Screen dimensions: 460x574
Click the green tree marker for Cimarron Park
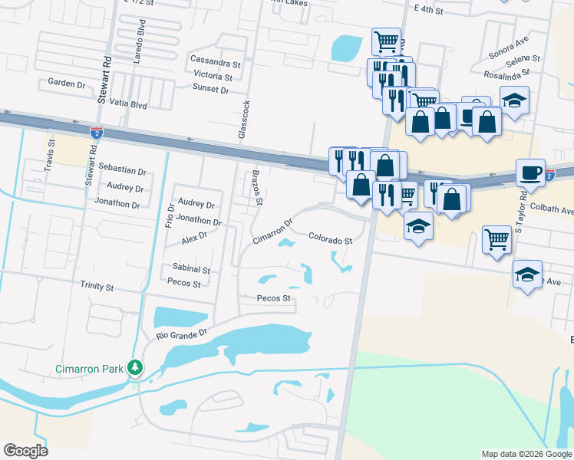[135, 369]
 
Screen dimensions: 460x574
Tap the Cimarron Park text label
[90, 369]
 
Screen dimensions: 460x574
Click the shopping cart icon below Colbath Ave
[496, 239]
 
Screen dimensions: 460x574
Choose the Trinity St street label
[97, 287]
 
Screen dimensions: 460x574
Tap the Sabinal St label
[191, 270]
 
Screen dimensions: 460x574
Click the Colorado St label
[330, 240]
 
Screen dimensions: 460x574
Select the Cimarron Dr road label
[273, 232]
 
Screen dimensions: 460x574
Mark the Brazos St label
[258, 188]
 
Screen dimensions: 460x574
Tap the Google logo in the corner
[25, 451]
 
